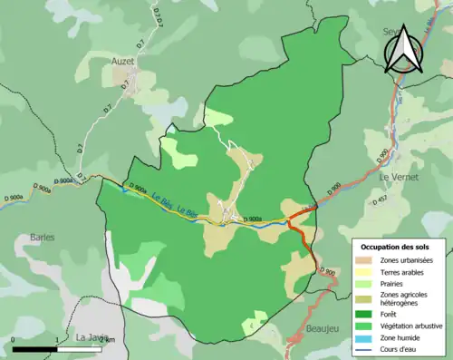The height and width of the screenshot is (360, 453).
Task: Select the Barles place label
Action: [x=40, y=238]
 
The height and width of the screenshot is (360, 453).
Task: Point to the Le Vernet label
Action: [x=399, y=178]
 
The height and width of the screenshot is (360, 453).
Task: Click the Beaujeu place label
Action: [x=323, y=328]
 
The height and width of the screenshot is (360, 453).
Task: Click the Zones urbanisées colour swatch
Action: [x=361, y=259]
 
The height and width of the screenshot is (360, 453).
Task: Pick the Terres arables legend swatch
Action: [x=361, y=271]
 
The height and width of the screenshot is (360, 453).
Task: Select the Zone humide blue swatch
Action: [x=361, y=330]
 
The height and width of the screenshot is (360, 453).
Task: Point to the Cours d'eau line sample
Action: [x=361, y=342]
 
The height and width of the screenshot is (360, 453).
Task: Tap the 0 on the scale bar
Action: [x=14, y=340]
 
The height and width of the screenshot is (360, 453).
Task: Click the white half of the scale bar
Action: [x=81, y=349]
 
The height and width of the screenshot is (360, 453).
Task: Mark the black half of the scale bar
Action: [x=35, y=349]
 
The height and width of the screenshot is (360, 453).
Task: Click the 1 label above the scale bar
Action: [x=58, y=340]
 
